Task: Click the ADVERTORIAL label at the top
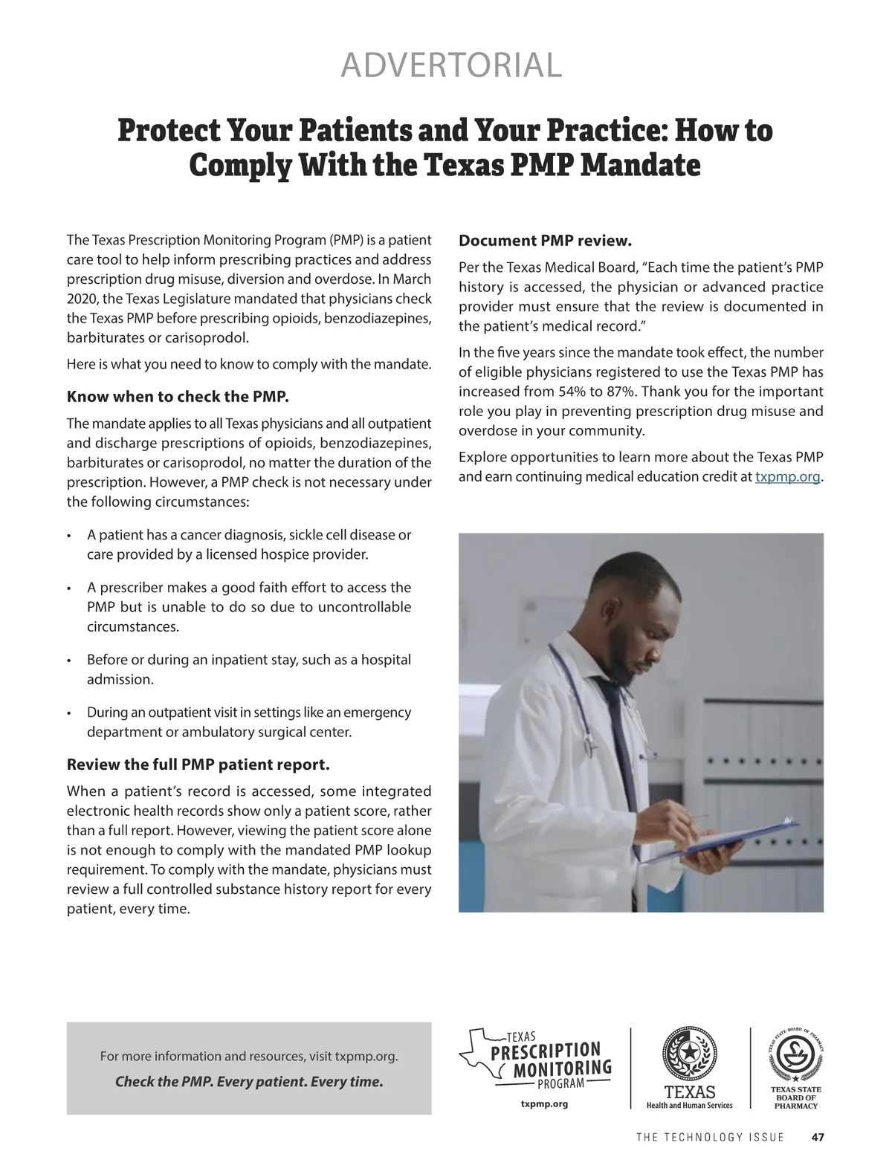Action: pyautogui.click(x=450, y=65)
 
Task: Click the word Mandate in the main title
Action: pyautogui.click(x=640, y=165)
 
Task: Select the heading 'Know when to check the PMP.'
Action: pyautogui.click(x=178, y=396)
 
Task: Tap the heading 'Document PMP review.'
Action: pyautogui.click(x=545, y=241)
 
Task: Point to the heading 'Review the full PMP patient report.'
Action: pyautogui.click(x=198, y=765)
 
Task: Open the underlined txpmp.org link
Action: pyautogui.click(x=788, y=477)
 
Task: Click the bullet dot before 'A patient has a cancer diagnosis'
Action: pyautogui.click(x=69, y=536)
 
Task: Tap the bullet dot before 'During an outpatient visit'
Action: pyautogui.click(x=69, y=713)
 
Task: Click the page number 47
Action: pyautogui.click(x=818, y=1138)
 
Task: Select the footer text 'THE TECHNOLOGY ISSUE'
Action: pyautogui.click(x=710, y=1138)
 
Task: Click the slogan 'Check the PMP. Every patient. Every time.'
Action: pyautogui.click(x=249, y=1082)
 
